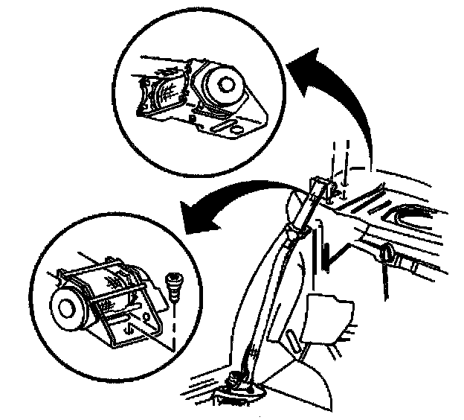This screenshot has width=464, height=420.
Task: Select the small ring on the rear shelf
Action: pos(387,254)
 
